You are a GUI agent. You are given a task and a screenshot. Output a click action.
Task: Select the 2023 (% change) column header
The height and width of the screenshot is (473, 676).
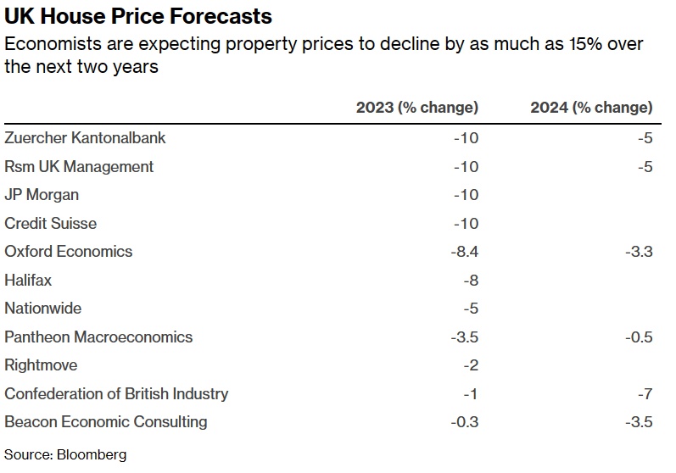click(416, 108)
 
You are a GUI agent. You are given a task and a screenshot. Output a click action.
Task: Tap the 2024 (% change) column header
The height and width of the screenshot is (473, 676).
click(591, 108)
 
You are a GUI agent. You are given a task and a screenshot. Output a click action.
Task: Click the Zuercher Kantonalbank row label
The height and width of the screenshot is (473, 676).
click(85, 137)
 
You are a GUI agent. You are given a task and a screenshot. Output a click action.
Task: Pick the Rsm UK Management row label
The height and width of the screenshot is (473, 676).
click(79, 166)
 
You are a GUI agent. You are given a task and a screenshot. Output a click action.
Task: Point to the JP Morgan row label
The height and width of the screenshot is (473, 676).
click(42, 194)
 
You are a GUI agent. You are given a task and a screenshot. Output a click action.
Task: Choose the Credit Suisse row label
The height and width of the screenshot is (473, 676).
click(51, 223)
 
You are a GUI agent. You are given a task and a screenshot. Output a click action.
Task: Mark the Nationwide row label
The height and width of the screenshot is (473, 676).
click(43, 309)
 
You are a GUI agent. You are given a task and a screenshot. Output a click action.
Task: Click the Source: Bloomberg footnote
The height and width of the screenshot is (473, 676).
click(65, 455)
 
